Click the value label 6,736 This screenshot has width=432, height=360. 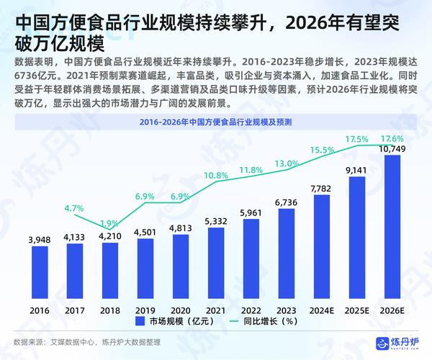click(287, 204)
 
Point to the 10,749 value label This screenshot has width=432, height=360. click(392, 148)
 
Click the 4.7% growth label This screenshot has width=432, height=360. click(75, 209)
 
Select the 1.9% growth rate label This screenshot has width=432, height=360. click(109, 223)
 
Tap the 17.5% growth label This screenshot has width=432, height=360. click(357, 138)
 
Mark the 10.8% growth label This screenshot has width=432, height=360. click(216, 176)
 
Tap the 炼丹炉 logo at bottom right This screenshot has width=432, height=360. click(400, 342)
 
